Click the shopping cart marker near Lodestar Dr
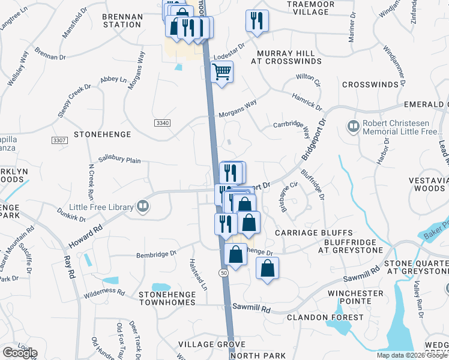[x=222, y=73]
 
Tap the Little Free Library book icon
[x=142, y=208]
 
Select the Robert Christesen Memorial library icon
[x=352, y=126]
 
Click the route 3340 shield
[x=162, y=123]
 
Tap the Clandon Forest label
[x=325, y=317]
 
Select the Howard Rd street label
[x=86, y=223]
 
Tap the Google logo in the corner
[x=20, y=353]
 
